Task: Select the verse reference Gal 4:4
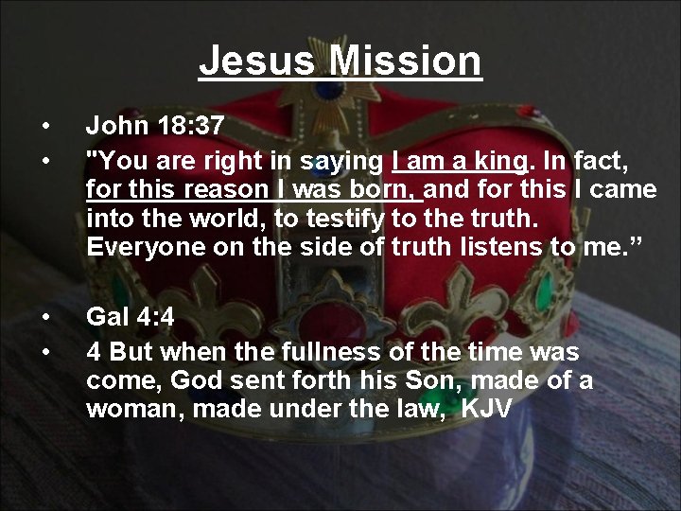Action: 131,317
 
